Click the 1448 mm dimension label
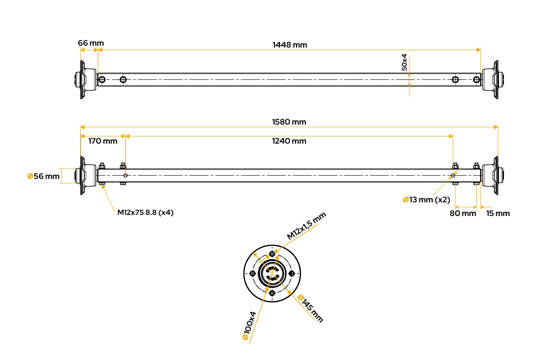[289, 45]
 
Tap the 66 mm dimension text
[91, 43]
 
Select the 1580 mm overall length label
[289, 122]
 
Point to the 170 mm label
[103, 141]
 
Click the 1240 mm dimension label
[289, 141]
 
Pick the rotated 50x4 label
[404, 62]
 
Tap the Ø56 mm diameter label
[44, 176]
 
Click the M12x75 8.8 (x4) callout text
[145, 212]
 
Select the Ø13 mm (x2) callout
[427, 200]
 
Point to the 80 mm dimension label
[463, 213]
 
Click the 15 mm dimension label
[498, 213]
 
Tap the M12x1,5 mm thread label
[306, 226]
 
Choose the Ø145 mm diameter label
[310, 309]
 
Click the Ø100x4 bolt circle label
[249, 325]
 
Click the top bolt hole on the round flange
[272, 254]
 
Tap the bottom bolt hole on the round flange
[272, 293]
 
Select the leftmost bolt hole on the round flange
[253, 274]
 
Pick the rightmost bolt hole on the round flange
[292, 274]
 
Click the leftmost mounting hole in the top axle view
[102, 80]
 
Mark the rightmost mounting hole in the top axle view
[476, 80]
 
